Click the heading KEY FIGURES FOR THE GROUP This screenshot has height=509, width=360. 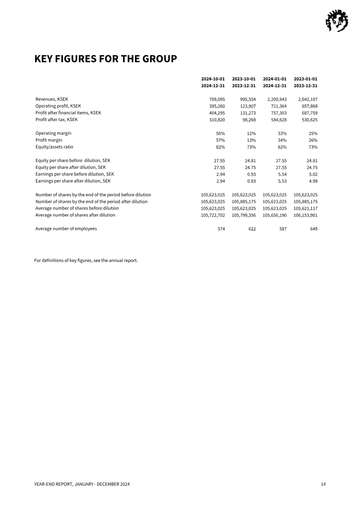click(105, 59)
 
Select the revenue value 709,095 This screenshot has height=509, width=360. click(217, 99)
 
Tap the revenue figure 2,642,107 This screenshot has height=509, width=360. click(308, 99)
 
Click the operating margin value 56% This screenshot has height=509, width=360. click(220, 133)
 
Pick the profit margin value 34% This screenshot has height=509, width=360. click(282, 140)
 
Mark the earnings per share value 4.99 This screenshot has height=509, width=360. click(312, 181)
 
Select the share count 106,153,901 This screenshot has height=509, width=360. click(306, 215)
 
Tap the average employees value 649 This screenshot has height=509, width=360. click(314, 229)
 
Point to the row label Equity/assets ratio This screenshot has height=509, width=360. click(54, 147)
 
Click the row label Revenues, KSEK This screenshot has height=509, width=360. click(52, 99)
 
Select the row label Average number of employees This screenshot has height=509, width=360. click(66, 229)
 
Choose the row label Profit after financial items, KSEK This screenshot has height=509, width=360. click(68, 113)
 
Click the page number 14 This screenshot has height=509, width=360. click(323, 484)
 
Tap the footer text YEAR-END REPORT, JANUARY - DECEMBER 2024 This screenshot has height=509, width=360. click(82, 484)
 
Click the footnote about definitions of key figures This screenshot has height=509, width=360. click(86, 260)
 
